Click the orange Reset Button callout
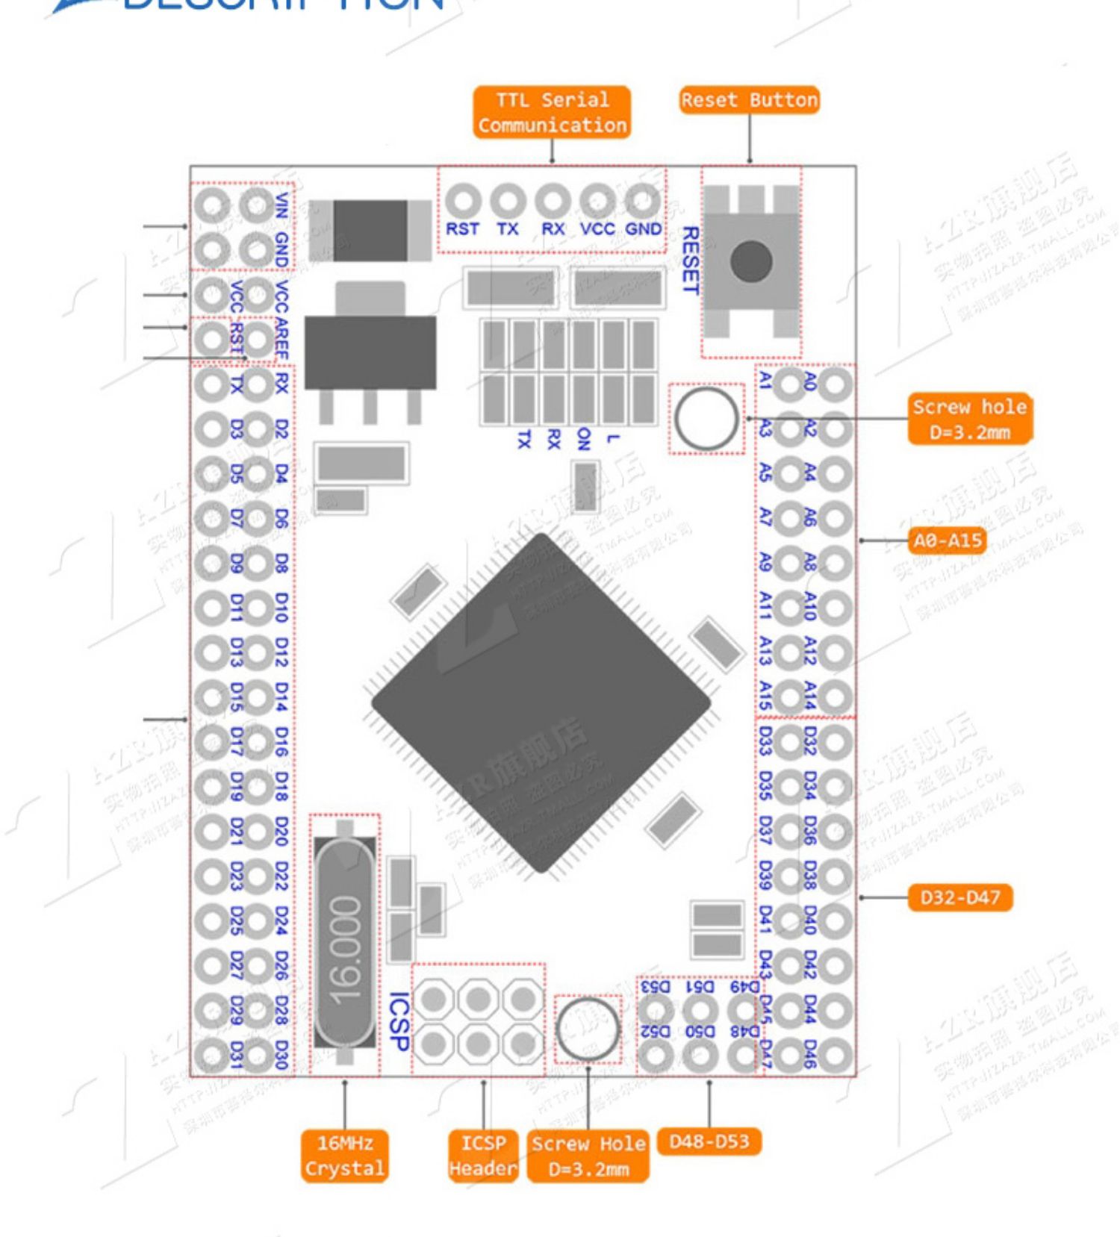tap(749, 100)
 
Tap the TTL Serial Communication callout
tap(552, 113)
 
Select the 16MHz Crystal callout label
tap(344, 1156)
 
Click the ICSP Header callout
tap(483, 1156)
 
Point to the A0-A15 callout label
tap(947, 540)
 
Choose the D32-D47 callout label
tap(959, 897)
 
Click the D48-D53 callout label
tap(709, 1141)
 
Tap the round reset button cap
tap(751, 261)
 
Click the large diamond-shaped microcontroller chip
tap(541, 702)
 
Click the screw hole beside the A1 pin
tap(706, 419)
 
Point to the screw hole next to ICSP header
tap(588, 1029)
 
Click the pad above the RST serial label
tap(463, 201)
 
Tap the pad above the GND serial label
tap(643, 201)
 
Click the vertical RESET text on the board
tap(691, 261)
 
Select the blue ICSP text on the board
tap(399, 1022)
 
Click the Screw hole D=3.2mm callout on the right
tap(969, 419)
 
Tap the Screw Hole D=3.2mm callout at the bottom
tap(588, 1156)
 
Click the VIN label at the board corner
tap(281, 205)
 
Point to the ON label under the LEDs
tap(583, 439)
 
